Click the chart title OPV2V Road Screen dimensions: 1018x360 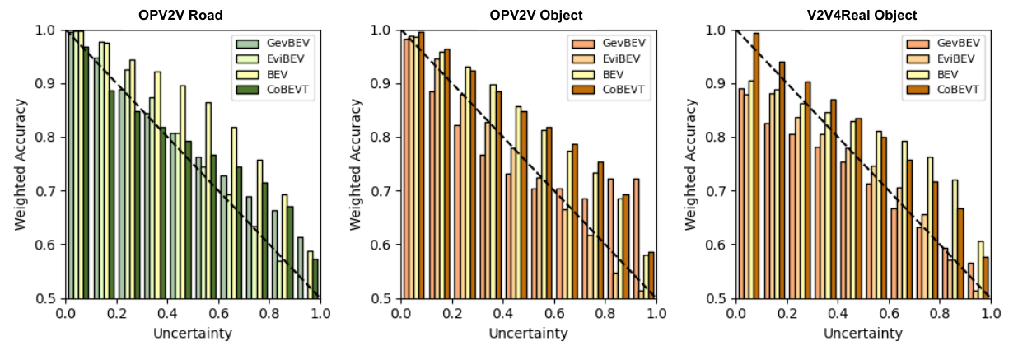pyautogui.click(x=180, y=15)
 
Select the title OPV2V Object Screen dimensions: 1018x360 pyautogui.click(x=536, y=15)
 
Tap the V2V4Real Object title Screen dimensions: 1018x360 pyautogui.click(x=862, y=15)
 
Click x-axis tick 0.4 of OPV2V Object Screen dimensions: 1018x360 pyautogui.click(x=503, y=313)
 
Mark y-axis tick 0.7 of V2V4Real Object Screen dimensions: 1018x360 pyautogui.click(x=716, y=191)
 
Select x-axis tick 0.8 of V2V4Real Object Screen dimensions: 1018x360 pyautogui.click(x=940, y=313)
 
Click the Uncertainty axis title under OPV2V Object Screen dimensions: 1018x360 pyautogui.click(x=528, y=333)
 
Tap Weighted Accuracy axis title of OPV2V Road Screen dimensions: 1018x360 pyautogui.click(x=21, y=165)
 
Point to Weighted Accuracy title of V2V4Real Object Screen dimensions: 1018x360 pyautogui.click(x=690, y=165)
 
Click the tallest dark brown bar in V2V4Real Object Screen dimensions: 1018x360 pyautogui.click(x=756, y=166)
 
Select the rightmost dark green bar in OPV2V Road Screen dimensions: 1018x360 pyautogui.click(x=315, y=278)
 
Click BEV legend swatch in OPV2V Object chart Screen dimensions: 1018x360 pyautogui.click(x=583, y=74)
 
